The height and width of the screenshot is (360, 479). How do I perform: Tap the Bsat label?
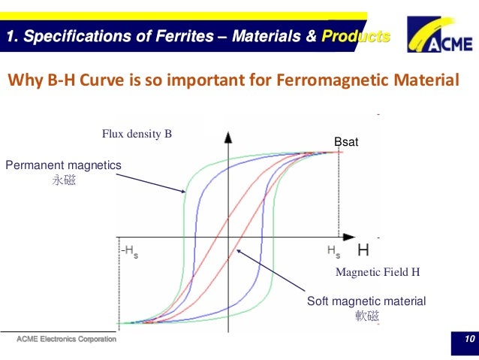click(346, 141)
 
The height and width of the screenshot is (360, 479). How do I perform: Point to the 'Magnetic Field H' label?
click(377, 271)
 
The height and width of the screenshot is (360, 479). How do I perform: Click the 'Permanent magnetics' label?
click(63, 165)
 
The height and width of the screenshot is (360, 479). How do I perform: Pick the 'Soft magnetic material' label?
click(366, 301)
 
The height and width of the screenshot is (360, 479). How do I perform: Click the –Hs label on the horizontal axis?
click(129, 250)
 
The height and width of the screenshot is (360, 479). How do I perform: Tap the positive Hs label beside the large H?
click(333, 250)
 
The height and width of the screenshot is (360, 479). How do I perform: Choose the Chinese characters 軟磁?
click(366, 316)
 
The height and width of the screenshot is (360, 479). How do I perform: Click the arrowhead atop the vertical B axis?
click(228, 137)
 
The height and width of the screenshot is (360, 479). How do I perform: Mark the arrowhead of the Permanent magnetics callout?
click(185, 192)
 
